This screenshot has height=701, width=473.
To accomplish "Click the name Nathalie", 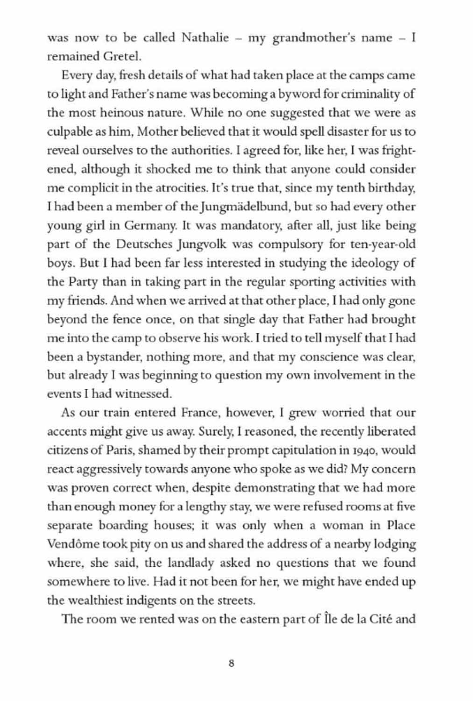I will point(205,37).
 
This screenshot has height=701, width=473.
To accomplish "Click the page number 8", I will point(232,664).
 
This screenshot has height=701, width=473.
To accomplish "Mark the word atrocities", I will point(179,188).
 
